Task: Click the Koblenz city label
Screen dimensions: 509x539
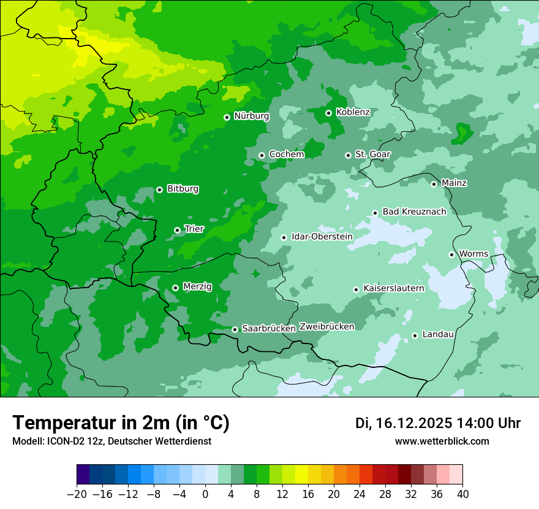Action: pos(353,112)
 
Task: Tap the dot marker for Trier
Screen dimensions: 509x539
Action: pos(177,230)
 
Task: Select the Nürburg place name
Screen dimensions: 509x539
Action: pos(251,116)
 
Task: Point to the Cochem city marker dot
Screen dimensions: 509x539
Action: pos(262,155)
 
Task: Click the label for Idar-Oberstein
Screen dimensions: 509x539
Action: pos(322,237)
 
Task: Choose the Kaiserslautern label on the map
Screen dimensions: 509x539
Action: pos(394,288)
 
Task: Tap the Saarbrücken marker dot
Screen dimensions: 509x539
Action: pos(235,329)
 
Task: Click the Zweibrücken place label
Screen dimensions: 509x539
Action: pos(326,327)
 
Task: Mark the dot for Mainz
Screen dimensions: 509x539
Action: pos(434,184)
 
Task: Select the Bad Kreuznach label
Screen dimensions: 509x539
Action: pos(414,212)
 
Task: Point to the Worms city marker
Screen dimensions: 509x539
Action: pos(451,255)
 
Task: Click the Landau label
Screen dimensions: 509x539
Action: pos(438,334)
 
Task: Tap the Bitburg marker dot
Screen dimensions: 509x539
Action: pos(159,189)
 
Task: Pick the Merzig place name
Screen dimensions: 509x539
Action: pos(197,286)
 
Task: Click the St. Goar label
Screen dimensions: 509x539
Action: pos(372,155)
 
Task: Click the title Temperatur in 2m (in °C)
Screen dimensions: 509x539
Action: pos(121,423)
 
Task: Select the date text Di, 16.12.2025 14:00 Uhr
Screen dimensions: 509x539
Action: pos(438,423)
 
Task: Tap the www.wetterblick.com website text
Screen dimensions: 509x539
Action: pos(442,441)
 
